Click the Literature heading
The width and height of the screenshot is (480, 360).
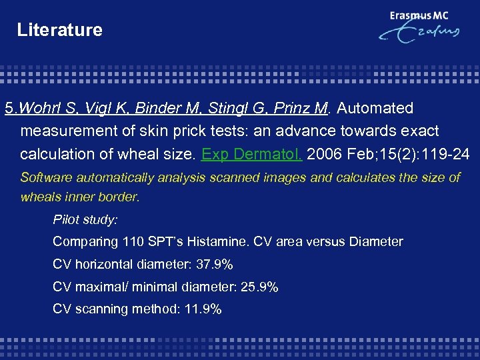click(59, 30)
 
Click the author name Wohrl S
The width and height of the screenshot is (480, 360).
click(39, 108)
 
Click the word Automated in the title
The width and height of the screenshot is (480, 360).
click(375, 108)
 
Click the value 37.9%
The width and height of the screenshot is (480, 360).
click(215, 265)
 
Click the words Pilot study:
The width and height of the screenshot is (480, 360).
click(85, 219)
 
